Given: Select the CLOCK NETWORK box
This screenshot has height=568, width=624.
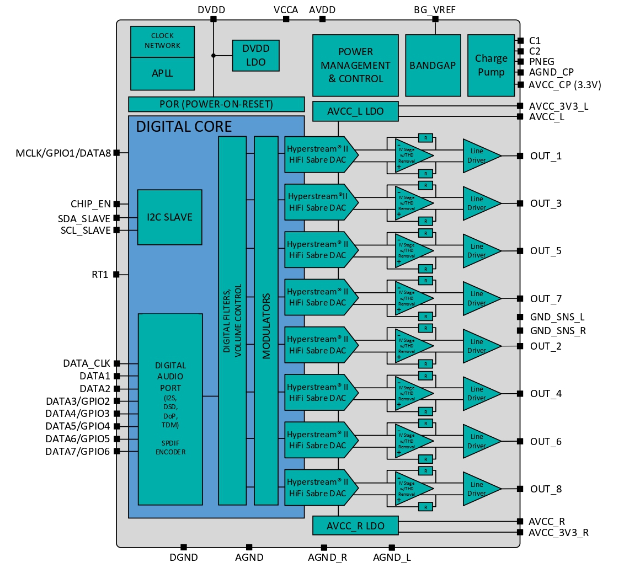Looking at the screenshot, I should coord(162,41).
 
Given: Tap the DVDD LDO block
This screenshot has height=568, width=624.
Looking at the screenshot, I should coord(255,55).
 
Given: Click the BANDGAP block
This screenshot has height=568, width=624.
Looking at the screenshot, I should coord(433,65).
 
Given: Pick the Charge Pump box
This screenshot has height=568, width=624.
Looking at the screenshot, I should coord(491,65).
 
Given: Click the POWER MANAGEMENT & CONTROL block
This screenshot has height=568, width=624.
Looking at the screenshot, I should coord(355,65).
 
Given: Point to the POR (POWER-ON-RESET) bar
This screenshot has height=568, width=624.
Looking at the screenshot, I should coord(216,104).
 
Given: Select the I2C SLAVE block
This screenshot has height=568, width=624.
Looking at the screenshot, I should coord(170,217).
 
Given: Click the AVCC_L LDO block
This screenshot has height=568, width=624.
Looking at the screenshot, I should coord(355,111).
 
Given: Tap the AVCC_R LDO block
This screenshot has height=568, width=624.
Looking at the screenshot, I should coord(355,525).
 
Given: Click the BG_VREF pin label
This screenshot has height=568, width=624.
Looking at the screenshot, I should coord(435,10).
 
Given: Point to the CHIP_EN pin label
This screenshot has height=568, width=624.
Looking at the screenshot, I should coord(90,205).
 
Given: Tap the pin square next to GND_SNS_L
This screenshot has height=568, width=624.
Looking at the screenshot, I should coord(520,317).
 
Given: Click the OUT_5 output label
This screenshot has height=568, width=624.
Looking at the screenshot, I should coord(546,251).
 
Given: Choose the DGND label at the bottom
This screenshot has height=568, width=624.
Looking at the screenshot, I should coord(184,558).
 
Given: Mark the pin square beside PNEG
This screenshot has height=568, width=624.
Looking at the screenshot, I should coord(520,62).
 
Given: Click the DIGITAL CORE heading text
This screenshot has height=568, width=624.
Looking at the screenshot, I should coord(184,127).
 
